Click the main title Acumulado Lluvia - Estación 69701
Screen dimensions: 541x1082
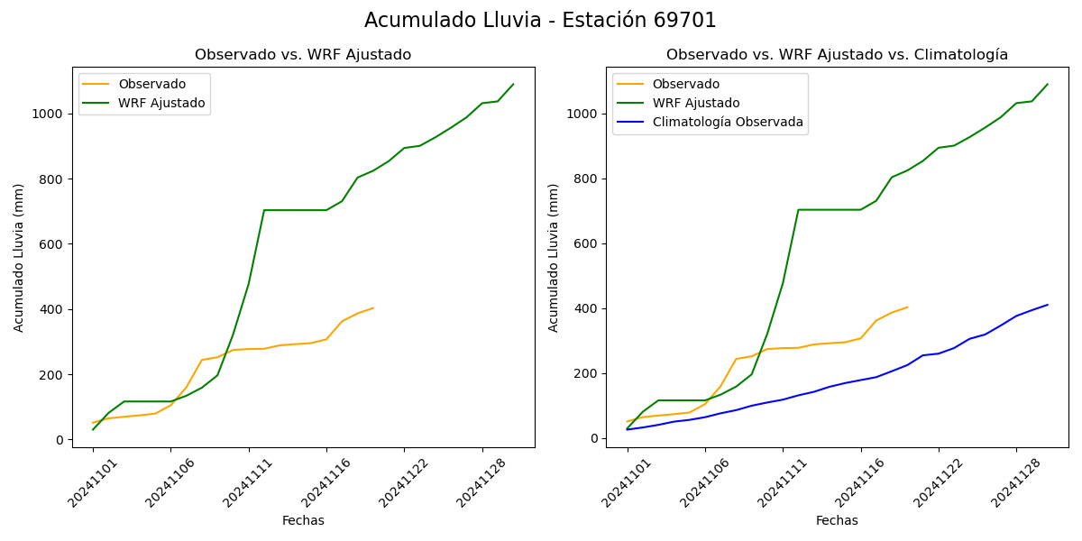(540, 21)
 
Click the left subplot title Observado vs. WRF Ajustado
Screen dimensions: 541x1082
(303, 55)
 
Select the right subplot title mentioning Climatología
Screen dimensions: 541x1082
(837, 55)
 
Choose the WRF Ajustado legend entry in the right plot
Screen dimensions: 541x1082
(695, 103)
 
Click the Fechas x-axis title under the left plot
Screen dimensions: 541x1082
(303, 520)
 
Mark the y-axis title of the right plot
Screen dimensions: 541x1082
(554, 257)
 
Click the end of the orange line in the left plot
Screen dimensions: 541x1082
(373, 307)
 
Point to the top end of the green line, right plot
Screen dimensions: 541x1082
(1048, 84)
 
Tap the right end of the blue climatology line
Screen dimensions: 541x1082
(1048, 305)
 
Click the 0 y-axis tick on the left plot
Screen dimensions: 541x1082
(59, 440)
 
